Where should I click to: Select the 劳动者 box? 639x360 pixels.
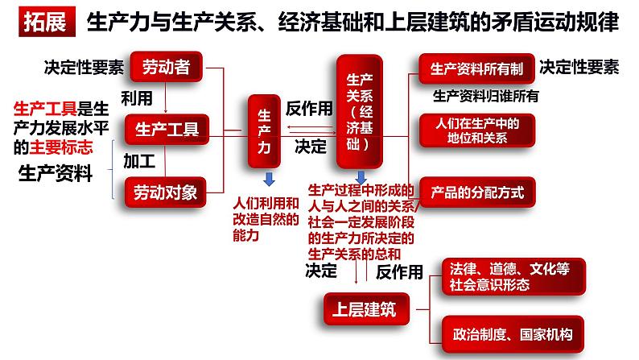coord(167,68)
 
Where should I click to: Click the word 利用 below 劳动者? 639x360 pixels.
coord(136,98)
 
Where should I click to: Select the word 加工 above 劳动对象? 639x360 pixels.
coord(138,160)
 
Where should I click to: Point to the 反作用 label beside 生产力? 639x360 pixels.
coord(308,108)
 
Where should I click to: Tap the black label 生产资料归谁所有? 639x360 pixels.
coord(485,97)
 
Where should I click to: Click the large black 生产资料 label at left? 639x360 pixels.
coord(56,173)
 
